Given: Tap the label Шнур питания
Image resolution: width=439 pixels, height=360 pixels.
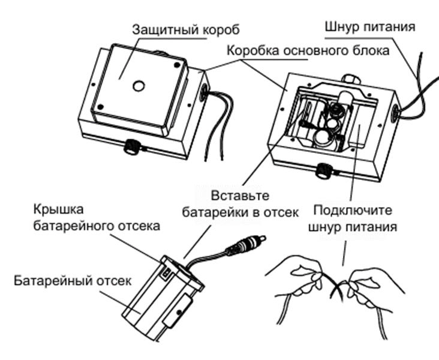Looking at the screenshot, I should [369, 26].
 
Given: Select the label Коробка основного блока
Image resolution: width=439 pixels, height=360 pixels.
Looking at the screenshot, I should [308, 50].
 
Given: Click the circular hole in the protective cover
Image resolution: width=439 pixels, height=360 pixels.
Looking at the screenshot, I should [137, 85].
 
